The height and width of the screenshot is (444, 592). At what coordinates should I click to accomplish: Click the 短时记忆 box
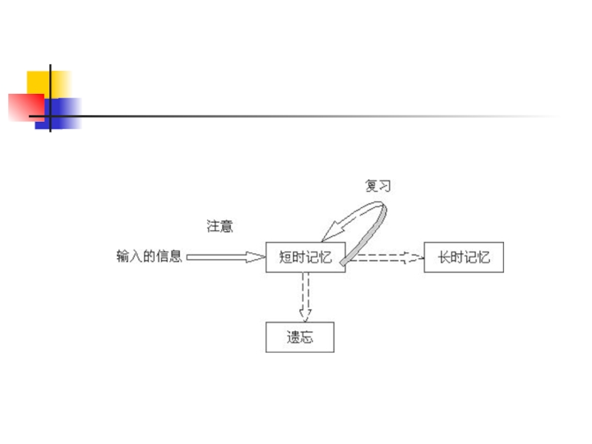[306, 258]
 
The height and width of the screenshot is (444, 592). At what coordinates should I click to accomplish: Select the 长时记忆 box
[463, 258]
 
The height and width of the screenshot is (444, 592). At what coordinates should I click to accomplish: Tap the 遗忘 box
[300, 337]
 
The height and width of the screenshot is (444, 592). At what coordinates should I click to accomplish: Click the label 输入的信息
[149, 257]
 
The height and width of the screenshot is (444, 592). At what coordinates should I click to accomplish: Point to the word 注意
[220, 226]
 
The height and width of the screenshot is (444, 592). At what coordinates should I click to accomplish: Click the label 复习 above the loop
[377, 186]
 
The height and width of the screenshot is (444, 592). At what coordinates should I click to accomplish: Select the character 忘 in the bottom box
[307, 337]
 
